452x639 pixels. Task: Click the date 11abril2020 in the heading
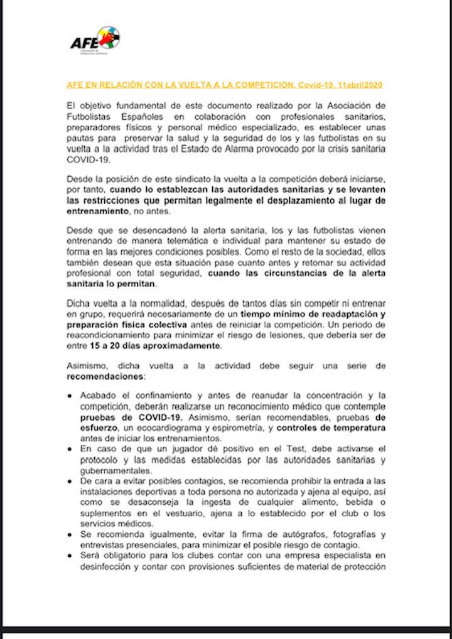(x=359, y=85)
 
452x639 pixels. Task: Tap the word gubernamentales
(x=116, y=470)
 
